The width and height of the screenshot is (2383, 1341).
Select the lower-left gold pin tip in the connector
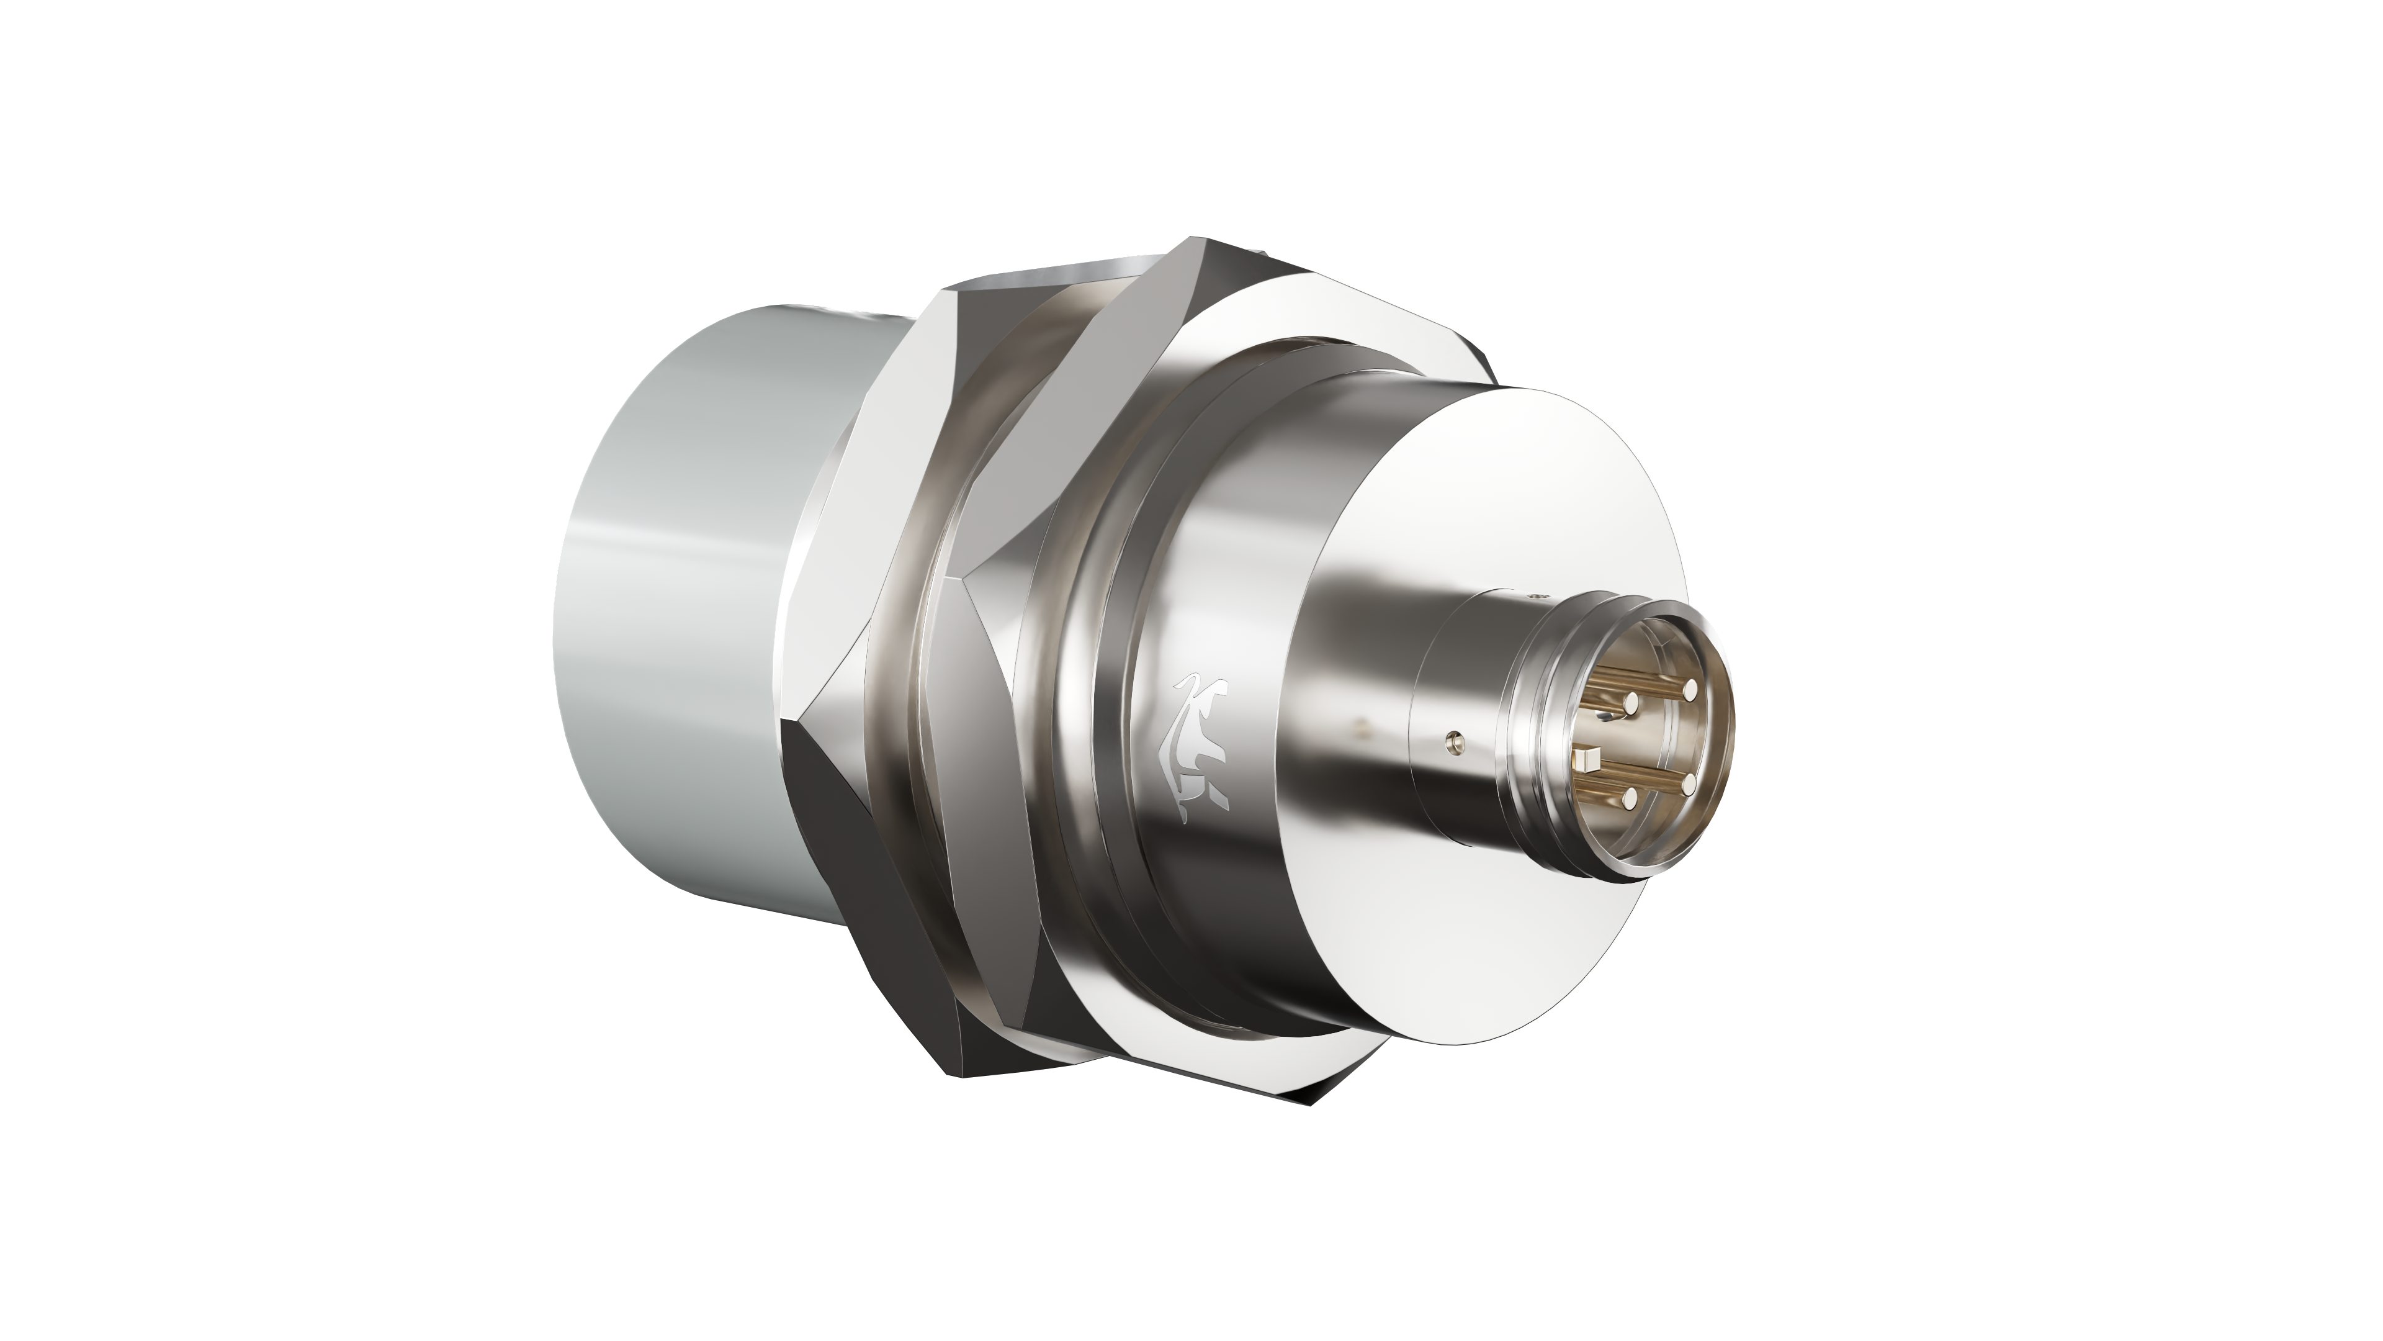[1632, 796]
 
